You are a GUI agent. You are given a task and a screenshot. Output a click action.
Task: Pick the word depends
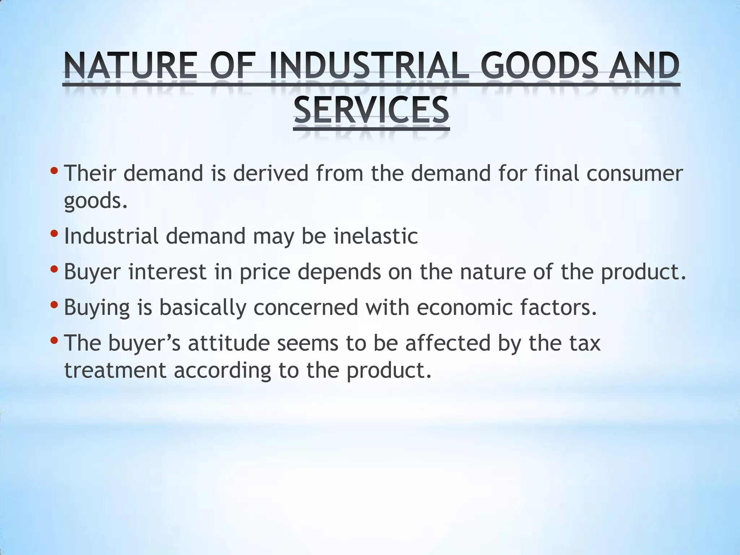339,272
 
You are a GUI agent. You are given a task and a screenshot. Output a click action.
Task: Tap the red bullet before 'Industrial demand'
54,233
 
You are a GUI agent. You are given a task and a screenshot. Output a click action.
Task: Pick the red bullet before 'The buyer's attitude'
54,340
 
